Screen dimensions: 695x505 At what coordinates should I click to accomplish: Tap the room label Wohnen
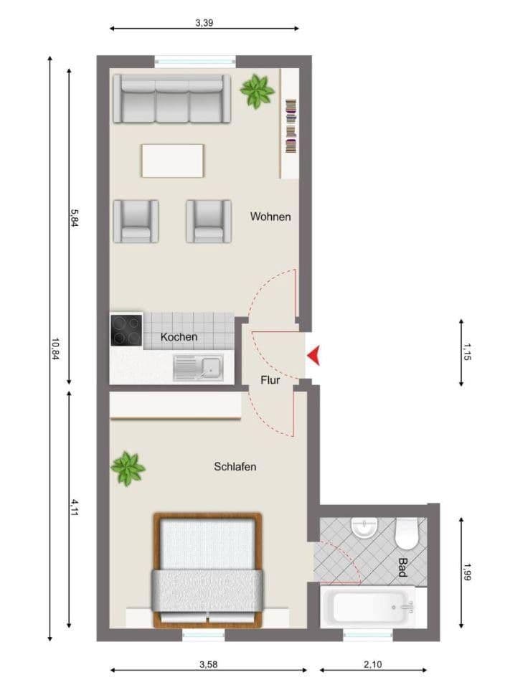point(270,217)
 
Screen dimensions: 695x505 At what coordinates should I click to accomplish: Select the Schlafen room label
point(235,467)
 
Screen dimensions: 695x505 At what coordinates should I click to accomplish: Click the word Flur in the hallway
point(270,380)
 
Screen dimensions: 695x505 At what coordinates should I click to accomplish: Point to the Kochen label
point(179,336)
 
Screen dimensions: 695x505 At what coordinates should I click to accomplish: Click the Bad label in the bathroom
point(402,568)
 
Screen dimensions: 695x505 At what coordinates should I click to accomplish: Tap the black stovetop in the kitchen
point(126,331)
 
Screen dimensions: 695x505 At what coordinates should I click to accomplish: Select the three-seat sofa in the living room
point(171,99)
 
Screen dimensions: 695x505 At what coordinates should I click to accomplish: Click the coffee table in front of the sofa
point(173,161)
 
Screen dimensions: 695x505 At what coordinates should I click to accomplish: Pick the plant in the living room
point(257,91)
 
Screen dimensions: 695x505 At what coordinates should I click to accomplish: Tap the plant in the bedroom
point(128,468)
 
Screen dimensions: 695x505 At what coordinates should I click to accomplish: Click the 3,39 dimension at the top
point(204,23)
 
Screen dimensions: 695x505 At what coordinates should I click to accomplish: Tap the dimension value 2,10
point(372,665)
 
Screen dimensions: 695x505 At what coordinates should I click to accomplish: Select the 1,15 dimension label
point(467,353)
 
